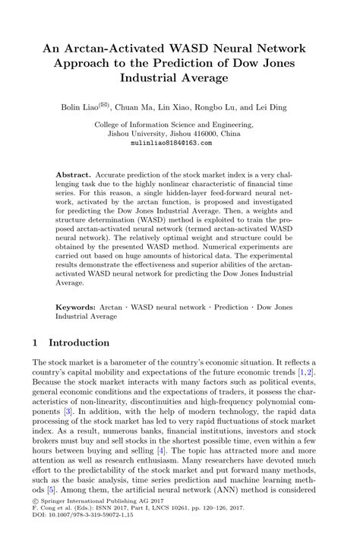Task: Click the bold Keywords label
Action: pos(79,308)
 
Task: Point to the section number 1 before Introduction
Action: pos(36,342)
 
